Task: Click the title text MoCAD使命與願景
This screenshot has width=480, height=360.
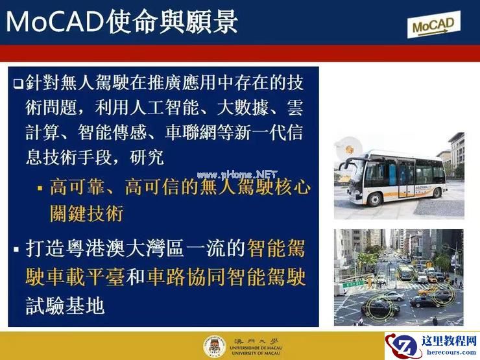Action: [x=121, y=22]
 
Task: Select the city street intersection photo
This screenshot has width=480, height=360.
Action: [x=398, y=277]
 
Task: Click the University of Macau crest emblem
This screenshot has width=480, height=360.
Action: [x=211, y=346]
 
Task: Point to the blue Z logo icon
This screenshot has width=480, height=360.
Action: [x=405, y=345]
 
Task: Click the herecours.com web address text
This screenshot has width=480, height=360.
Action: [x=448, y=353]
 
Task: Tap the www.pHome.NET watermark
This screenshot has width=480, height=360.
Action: [x=237, y=174]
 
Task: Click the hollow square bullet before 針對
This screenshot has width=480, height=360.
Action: [x=18, y=84]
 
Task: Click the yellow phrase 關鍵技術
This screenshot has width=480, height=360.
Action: [x=86, y=213]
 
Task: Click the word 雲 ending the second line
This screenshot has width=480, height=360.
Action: [x=294, y=106]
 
